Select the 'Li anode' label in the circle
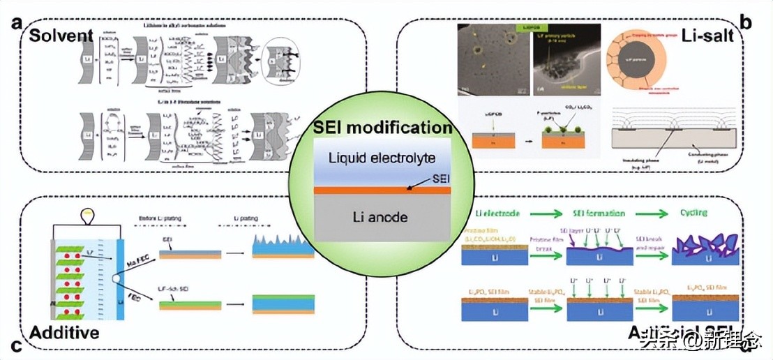[x=381, y=218]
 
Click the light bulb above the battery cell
[x=88, y=213]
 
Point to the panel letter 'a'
[x=15, y=22]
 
